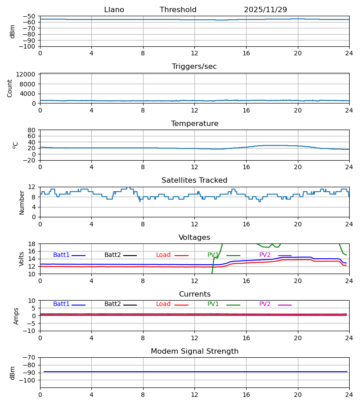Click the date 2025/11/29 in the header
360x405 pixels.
(x=265, y=10)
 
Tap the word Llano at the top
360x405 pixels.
(x=114, y=10)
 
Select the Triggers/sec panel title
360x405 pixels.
(x=194, y=67)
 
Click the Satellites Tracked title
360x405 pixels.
(x=194, y=180)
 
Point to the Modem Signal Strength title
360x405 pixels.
(x=194, y=351)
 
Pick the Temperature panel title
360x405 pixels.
(x=194, y=124)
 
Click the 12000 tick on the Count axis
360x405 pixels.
(x=28, y=74)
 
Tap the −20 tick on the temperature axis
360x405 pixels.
(x=31, y=160)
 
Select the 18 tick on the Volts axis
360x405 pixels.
(x=33, y=244)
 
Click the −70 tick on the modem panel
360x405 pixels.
(x=31, y=357)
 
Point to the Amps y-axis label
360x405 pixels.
(x=16, y=316)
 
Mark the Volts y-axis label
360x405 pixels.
(x=22, y=259)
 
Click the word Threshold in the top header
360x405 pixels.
(x=178, y=10)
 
